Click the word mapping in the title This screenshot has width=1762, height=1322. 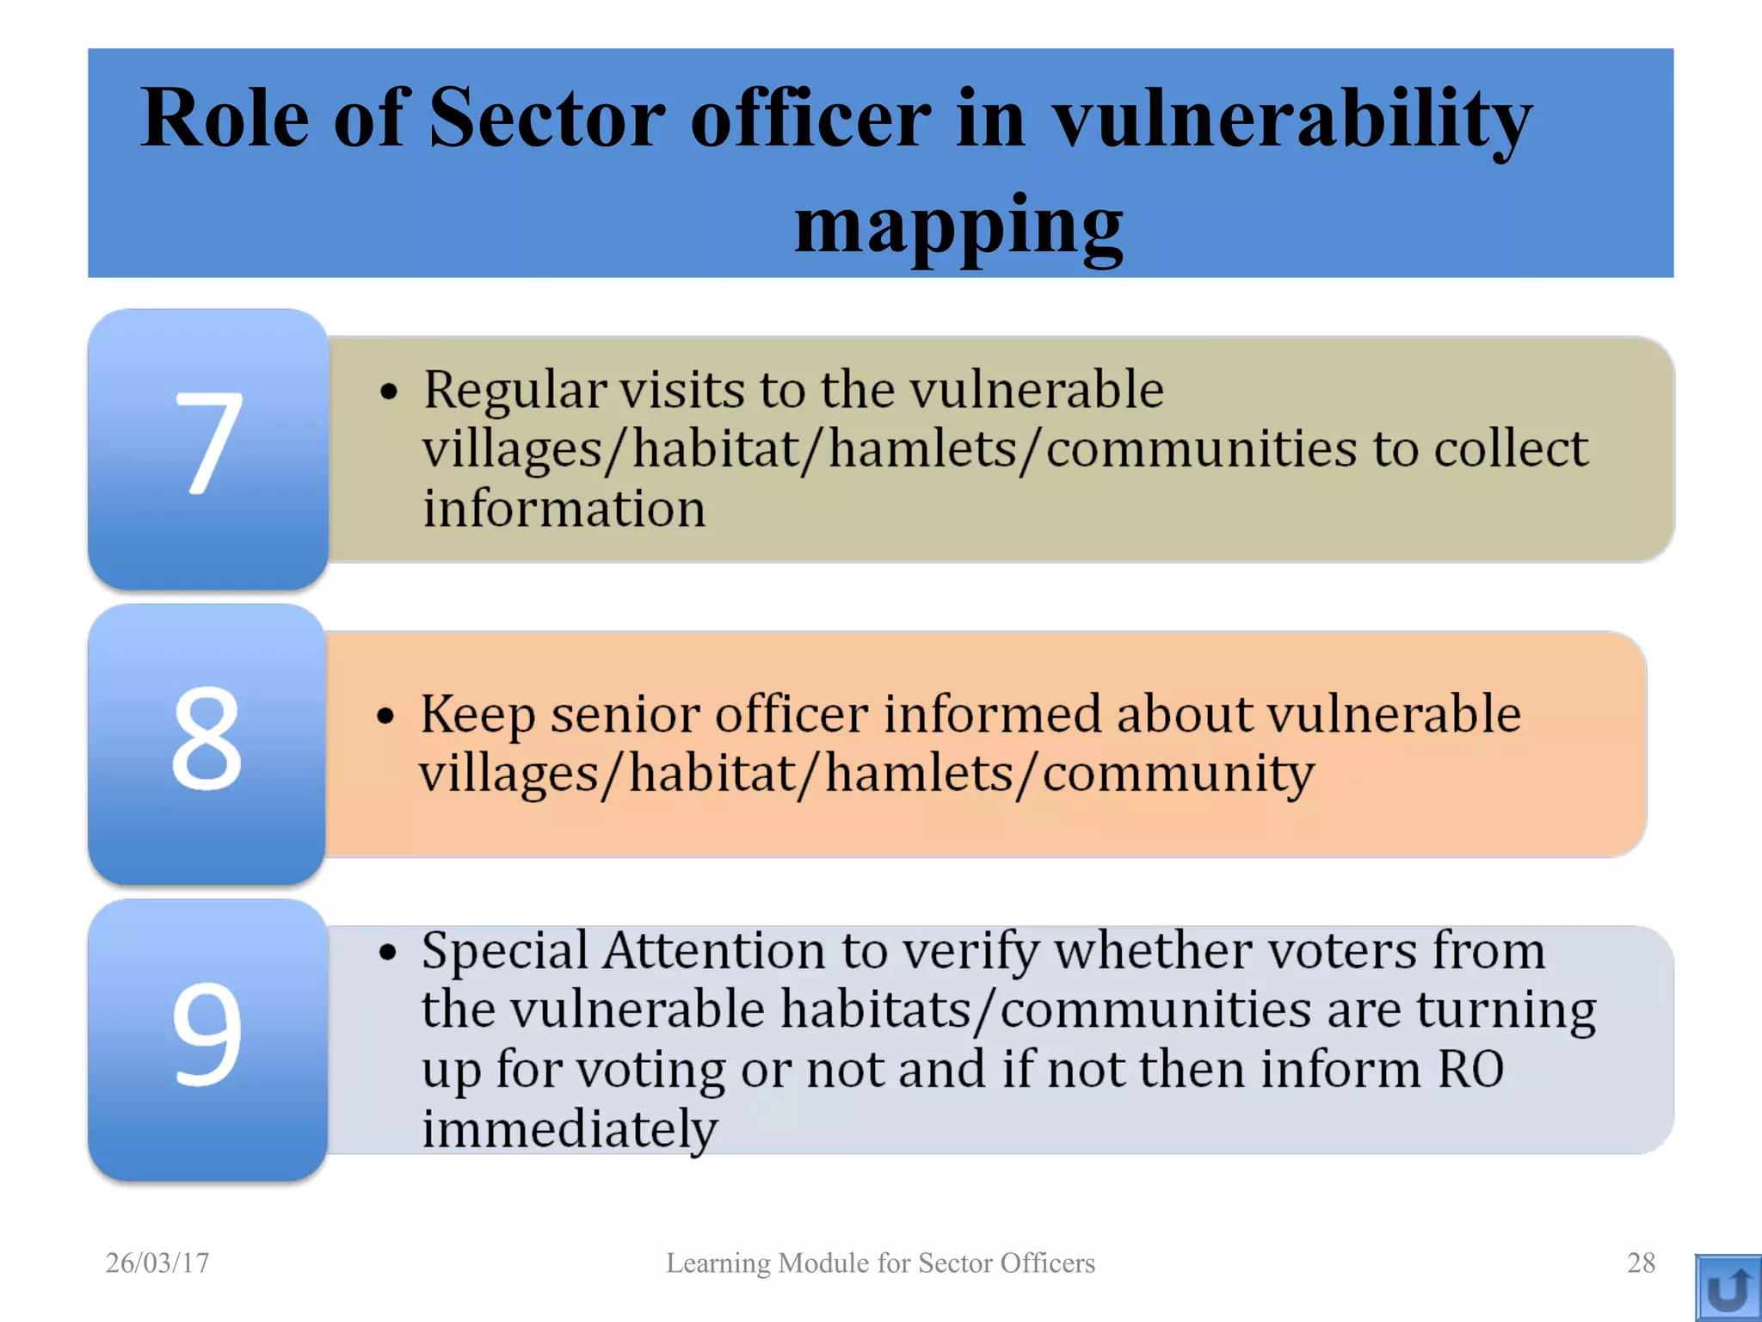pyautogui.click(x=958, y=225)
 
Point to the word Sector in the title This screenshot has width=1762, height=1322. pyautogui.click(x=546, y=118)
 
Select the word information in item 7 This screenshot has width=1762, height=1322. pyautogui.click(x=564, y=508)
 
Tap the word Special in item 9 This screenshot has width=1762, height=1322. pyautogui.click(x=505, y=952)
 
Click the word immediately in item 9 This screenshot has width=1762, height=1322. pyautogui.click(x=569, y=1128)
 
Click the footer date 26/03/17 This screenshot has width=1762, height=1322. pyautogui.click(x=157, y=1263)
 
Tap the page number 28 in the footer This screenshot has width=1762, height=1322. pyautogui.click(x=1641, y=1263)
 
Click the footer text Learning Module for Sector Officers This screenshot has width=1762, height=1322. pyautogui.click(x=880, y=1263)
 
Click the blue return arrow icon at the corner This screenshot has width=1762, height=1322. pyautogui.click(x=1728, y=1288)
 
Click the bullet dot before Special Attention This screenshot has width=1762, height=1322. pyautogui.click(x=388, y=953)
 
